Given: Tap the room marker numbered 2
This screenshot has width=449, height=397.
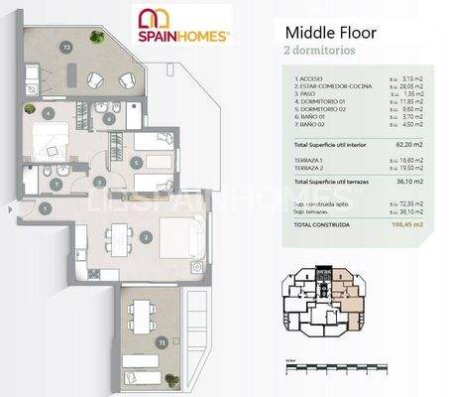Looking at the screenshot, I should (145, 237).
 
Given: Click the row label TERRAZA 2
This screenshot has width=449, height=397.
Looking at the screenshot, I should (309, 167).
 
